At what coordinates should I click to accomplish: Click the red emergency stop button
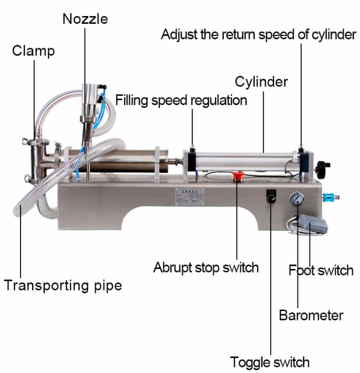(238, 177)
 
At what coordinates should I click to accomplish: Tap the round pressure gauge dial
(297, 199)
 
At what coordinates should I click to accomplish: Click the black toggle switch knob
(271, 199)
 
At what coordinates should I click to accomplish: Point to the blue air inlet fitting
(331, 198)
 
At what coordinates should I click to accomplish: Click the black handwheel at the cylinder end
(322, 170)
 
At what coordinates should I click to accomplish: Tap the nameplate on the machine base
(190, 196)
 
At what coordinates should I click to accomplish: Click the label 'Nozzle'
(85, 19)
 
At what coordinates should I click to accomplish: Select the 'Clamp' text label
(33, 51)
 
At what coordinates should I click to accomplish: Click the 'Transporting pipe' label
(63, 285)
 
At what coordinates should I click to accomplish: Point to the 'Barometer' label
(311, 315)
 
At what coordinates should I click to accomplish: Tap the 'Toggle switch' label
(270, 362)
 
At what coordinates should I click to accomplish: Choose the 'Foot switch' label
(321, 271)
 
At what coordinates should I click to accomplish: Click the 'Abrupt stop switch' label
(206, 268)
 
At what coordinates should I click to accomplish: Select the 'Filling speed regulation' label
(181, 100)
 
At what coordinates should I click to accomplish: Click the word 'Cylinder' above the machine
(261, 82)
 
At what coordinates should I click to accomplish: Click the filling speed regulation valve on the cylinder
(192, 149)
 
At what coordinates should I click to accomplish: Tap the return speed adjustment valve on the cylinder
(301, 149)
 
